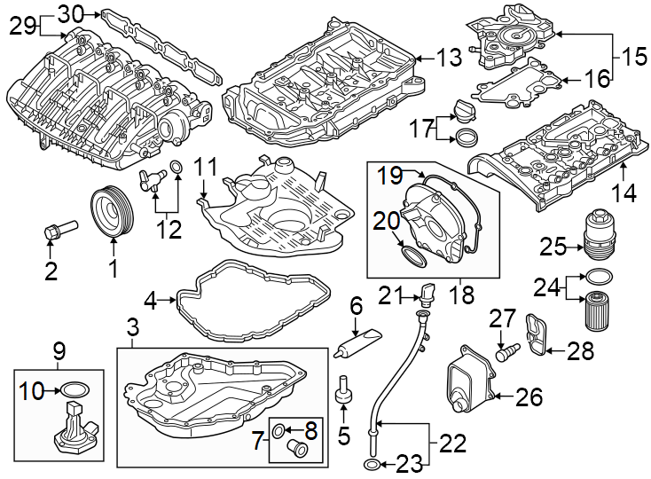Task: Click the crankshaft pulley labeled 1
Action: [113, 211]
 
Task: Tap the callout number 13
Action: [450, 59]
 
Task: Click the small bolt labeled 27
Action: [506, 352]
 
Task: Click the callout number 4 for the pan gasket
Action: [151, 302]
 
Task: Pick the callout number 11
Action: [206, 166]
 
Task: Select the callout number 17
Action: [420, 129]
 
